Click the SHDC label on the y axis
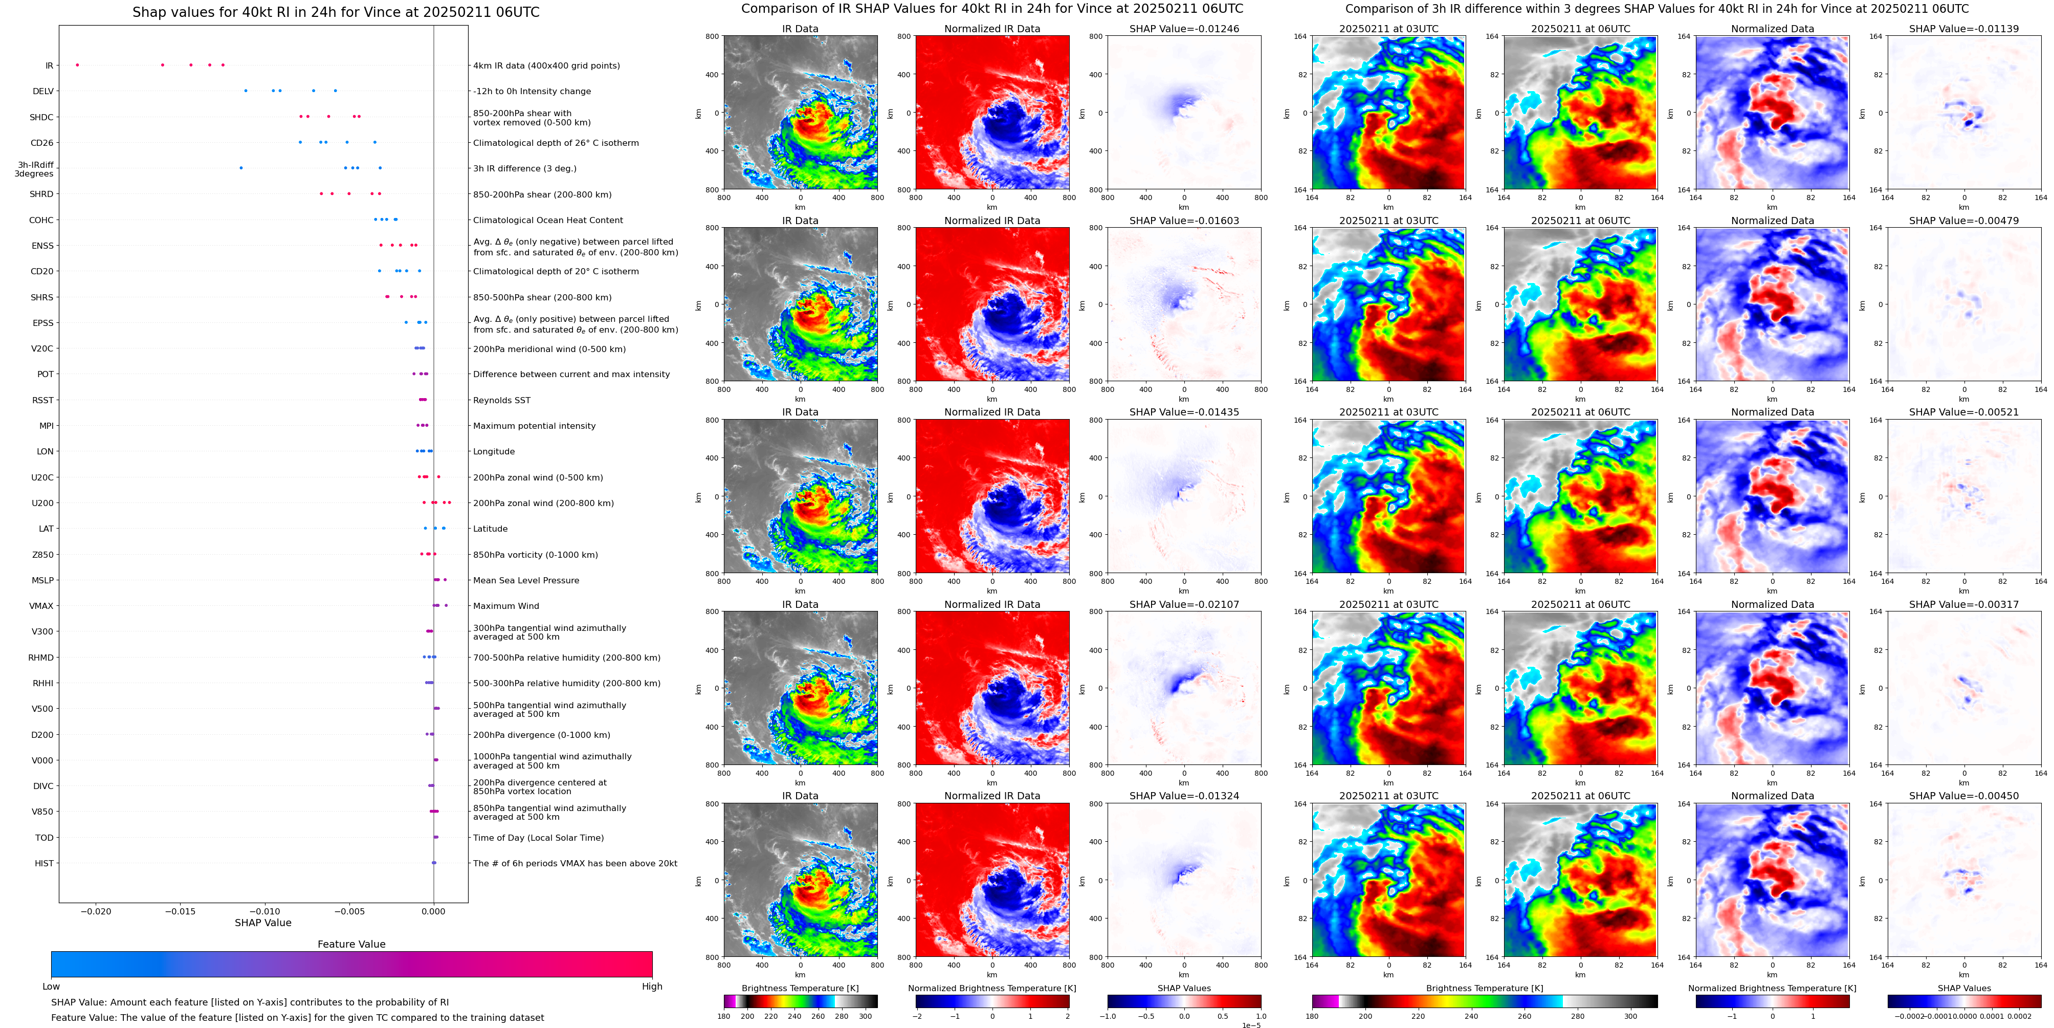[x=41, y=117]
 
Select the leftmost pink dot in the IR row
[x=77, y=64]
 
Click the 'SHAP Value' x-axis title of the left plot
[x=262, y=923]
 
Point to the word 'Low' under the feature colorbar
[x=51, y=987]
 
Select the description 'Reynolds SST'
[x=501, y=400]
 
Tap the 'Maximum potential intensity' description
[x=534, y=426]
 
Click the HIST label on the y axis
[x=44, y=863]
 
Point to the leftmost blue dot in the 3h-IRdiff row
[x=241, y=167]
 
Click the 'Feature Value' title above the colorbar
[x=351, y=944]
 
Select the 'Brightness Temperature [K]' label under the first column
[x=800, y=988]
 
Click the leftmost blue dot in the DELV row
[x=246, y=91]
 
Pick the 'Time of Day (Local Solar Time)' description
[x=538, y=838]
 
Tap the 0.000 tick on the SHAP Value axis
[x=433, y=911]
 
